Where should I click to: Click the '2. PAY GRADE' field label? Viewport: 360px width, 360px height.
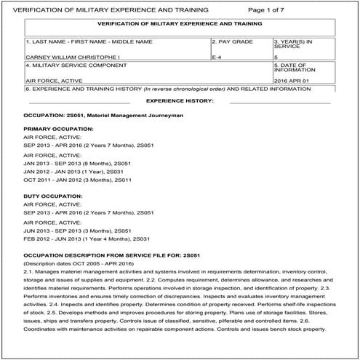pos(233,41)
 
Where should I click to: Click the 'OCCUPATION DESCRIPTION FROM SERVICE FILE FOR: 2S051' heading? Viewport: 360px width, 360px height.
pos(106,255)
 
